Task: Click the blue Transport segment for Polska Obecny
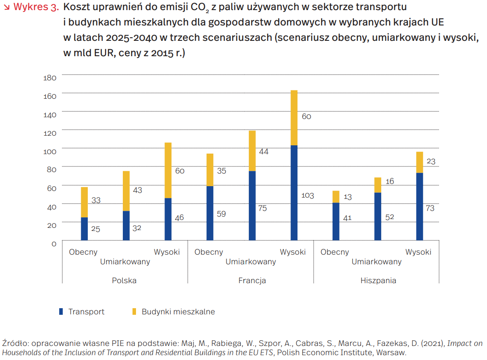point(84,229)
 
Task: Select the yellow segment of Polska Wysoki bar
point(168,170)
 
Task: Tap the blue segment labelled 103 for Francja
point(294,193)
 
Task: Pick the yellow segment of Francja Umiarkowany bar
point(252,151)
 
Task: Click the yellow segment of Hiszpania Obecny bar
point(336,197)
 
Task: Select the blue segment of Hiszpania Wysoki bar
point(420,206)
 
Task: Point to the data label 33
point(96,200)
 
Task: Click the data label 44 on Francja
point(264,151)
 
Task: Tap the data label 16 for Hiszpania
point(390,181)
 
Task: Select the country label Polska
point(124,281)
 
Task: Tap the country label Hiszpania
point(378,281)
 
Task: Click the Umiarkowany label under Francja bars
point(251,262)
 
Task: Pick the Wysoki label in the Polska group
point(167,252)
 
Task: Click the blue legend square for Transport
point(61,312)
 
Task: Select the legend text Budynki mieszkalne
point(178,312)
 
